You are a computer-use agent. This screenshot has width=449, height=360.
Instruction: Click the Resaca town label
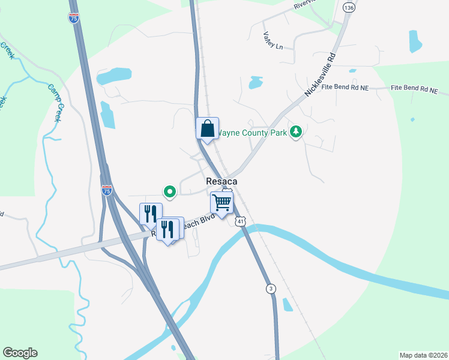coord(221,181)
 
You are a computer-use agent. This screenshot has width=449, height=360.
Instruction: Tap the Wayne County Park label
coord(252,132)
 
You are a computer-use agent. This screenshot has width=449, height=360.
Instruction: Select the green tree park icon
coord(295,131)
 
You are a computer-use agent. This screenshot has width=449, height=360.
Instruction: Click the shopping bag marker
coord(207,128)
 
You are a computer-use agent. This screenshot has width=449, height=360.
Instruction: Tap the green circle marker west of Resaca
coord(169,191)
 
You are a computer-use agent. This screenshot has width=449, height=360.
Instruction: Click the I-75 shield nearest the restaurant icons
coord(107,190)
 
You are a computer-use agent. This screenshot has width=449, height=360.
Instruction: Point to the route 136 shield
coord(349,7)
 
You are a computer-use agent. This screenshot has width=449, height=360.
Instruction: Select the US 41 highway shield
coord(240,221)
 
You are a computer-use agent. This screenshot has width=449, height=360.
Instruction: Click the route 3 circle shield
coord(272,289)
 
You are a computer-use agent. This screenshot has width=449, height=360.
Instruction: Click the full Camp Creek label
coord(55,103)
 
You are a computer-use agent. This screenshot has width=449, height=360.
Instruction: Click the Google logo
coord(20,353)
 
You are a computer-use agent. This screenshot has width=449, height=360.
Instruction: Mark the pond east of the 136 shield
coord(415,41)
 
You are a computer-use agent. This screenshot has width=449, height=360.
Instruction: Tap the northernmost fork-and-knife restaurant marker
coord(151,214)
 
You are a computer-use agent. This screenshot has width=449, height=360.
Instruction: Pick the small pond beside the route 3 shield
coord(288,305)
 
